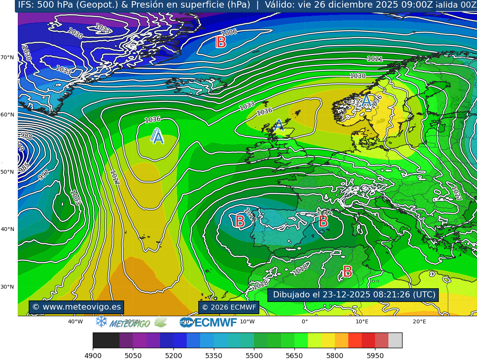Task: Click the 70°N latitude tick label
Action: (x=7, y=57)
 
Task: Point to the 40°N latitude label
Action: (x=7, y=229)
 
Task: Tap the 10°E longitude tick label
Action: (x=362, y=321)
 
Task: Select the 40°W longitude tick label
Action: (x=75, y=321)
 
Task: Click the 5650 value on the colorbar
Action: (x=294, y=355)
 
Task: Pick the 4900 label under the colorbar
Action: (x=93, y=355)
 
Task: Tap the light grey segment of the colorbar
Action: (x=395, y=340)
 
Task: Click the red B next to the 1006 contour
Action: (x=221, y=42)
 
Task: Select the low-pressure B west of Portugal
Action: (x=240, y=221)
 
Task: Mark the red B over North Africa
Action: (x=347, y=271)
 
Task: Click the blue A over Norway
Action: (x=366, y=101)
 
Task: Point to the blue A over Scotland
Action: (x=279, y=126)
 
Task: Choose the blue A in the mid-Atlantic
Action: (x=157, y=137)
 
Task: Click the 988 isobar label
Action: (x=26, y=136)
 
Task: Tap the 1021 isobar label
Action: (x=375, y=59)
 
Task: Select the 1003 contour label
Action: (x=75, y=198)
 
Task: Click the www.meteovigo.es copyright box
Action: (x=76, y=307)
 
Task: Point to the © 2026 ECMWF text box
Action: (x=229, y=307)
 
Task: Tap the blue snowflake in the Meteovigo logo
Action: (x=101, y=321)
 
